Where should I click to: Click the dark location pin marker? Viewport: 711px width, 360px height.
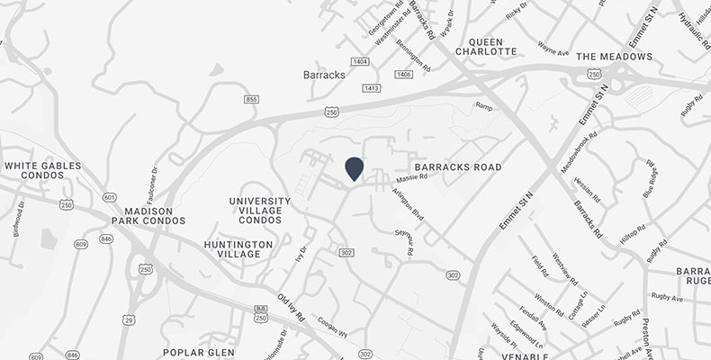coord(354,168)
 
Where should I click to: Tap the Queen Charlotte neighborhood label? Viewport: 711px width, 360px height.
coord(493,46)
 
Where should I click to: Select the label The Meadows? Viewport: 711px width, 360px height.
coord(613,57)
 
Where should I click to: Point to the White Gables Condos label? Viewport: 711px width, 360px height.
coord(42,172)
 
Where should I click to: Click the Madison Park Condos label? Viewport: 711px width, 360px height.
coord(148,213)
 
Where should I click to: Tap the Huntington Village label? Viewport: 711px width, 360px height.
coord(238,249)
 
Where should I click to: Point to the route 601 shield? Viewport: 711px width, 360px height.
coord(110,197)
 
